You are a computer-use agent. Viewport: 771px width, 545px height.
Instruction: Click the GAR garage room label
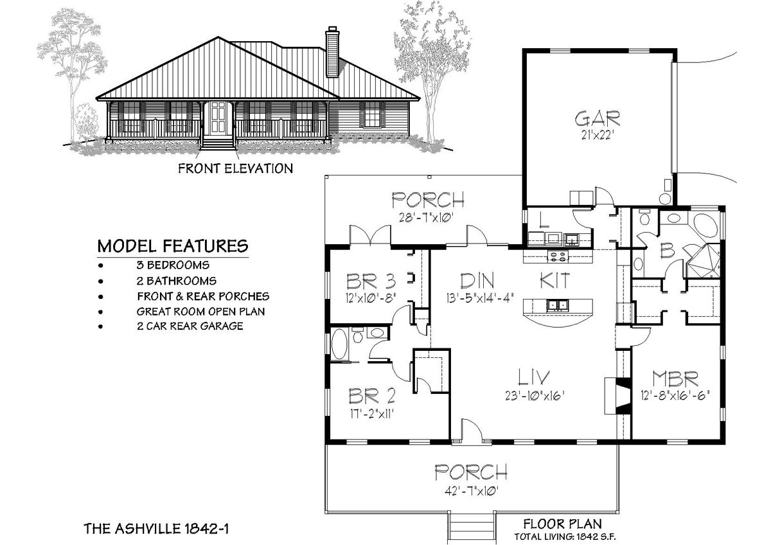(597, 118)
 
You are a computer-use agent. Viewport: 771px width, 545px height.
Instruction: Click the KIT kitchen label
(555, 280)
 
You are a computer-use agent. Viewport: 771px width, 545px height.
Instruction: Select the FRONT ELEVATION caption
(236, 169)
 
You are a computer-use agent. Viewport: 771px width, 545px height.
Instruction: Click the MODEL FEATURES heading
(172, 246)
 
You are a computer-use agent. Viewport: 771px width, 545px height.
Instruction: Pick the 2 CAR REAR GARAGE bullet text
(190, 326)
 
